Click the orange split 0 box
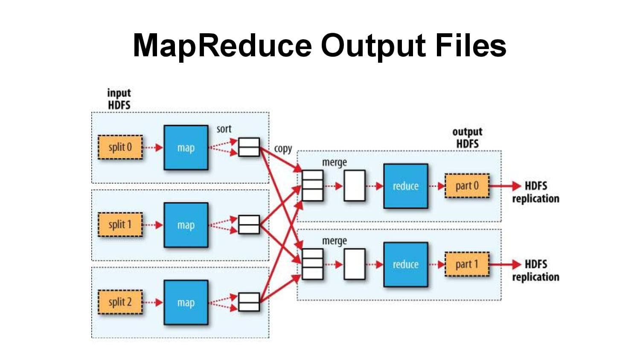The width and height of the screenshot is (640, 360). click(120, 148)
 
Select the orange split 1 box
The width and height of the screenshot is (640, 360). click(120, 225)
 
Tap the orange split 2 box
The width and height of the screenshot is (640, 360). click(120, 302)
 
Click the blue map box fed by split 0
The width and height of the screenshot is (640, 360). click(186, 148)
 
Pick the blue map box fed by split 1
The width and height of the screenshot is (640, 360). click(186, 225)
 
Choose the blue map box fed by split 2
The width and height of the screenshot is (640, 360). click(186, 302)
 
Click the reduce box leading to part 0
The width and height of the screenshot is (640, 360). click(405, 186)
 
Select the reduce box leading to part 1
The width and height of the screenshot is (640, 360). click(405, 264)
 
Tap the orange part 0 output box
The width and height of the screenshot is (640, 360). click(467, 186)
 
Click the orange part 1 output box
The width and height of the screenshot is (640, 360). click(467, 264)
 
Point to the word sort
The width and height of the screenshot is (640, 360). click(224, 129)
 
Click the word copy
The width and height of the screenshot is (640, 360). click(283, 149)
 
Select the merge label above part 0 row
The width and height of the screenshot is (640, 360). click(334, 163)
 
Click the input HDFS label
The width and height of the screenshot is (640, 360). click(119, 99)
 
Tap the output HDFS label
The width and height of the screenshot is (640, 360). click(467, 138)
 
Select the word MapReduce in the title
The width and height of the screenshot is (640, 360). click(222, 45)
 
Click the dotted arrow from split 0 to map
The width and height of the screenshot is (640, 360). click(153, 148)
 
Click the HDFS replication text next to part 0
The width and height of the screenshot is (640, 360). click(535, 192)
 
